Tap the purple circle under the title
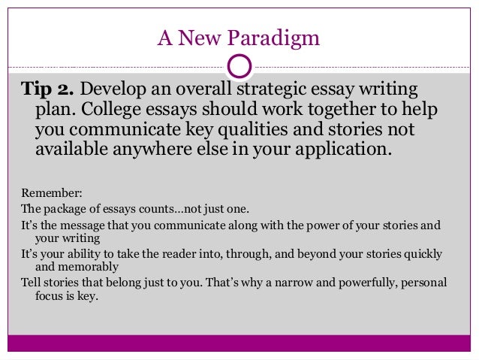239,66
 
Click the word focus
50,295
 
